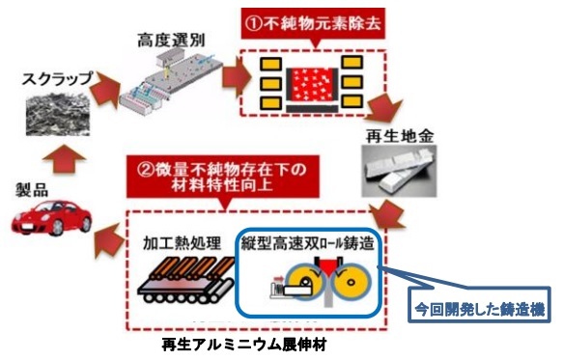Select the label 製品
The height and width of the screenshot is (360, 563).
tap(28, 186)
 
